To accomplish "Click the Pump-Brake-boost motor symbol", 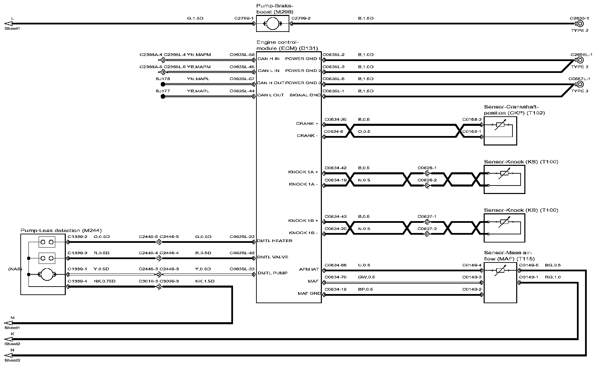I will pyautogui.click(x=272, y=24).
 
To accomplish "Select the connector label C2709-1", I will pyautogui.click(x=244, y=18).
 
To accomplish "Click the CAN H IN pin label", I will pyautogui.click(x=268, y=59).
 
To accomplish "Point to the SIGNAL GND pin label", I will pyautogui.click(x=305, y=95).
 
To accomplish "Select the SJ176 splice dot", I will pyautogui.click(x=163, y=84).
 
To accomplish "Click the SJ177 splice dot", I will pyautogui.click(x=163, y=96).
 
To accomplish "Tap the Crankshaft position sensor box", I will pyautogui.click(x=500, y=131).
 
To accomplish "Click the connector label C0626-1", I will pyautogui.click(x=427, y=168).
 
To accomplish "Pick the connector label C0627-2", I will pyautogui.click(x=427, y=229).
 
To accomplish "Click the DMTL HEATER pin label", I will pyautogui.click(x=275, y=241).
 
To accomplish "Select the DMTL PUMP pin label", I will pyautogui.click(x=273, y=273).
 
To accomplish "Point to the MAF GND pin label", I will pyautogui.click(x=309, y=293).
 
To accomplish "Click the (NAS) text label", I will pyautogui.click(x=15, y=269).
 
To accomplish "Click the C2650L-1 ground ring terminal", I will pyautogui.click(x=580, y=60).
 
